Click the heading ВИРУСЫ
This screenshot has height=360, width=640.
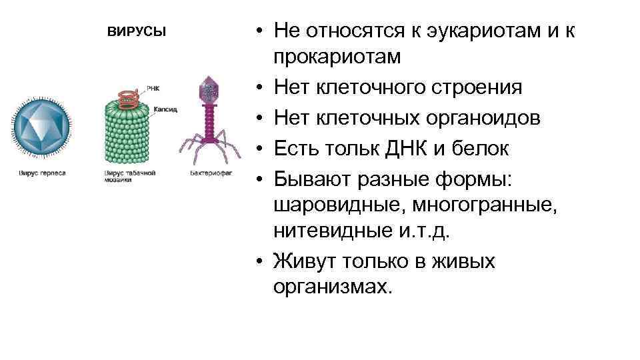[136, 33]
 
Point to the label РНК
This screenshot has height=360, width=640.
[153, 87]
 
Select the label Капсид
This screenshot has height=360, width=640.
[165, 109]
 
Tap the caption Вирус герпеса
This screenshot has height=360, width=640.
[41, 173]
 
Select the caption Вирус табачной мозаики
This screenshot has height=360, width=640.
[129, 177]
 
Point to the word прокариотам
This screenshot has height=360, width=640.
[337, 57]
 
